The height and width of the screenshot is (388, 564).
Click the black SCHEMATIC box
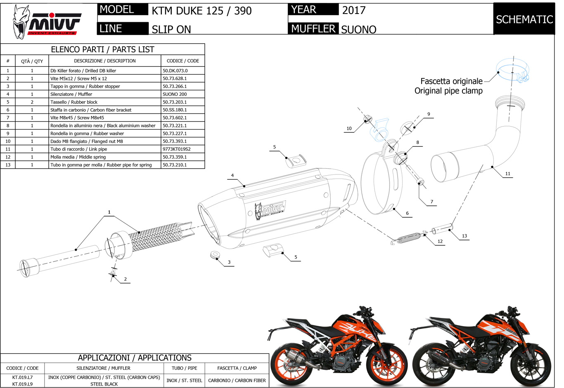tap(524, 19)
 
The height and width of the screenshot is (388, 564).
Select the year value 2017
tap(354, 10)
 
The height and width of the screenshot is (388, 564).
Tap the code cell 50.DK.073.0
tap(175, 71)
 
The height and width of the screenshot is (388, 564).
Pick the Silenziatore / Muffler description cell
tap(71, 94)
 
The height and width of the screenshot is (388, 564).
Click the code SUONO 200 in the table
tap(175, 94)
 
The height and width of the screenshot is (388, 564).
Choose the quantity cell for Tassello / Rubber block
tap(32, 102)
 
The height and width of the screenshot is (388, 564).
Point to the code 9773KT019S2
tap(177, 149)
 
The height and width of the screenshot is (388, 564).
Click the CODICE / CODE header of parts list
tap(182, 61)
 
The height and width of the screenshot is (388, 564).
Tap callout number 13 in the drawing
tap(464, 236)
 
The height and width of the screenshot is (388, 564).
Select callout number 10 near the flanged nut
tap(349, 128)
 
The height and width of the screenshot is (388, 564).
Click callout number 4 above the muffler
tap(232, 175)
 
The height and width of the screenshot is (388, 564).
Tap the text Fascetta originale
tap(451, 81)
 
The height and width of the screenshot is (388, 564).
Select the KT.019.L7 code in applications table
tap(22, 377)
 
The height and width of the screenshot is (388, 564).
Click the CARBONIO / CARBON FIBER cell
tap(237, 380)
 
